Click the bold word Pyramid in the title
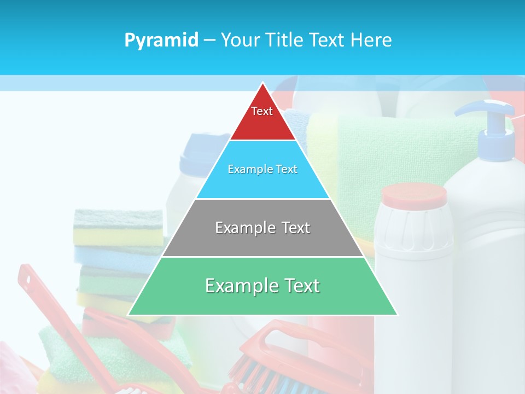coord(161,40)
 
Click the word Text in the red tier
coord(262,111)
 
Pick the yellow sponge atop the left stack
coord(118,236)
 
